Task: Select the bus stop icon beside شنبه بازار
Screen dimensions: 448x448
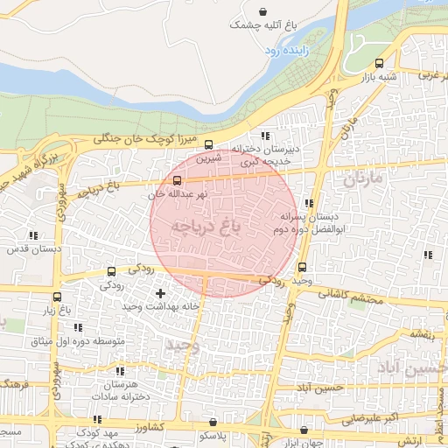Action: point(379,63)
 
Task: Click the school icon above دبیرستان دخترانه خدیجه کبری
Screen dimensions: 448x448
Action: point(264,136)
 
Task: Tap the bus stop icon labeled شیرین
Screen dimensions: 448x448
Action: point(208,145)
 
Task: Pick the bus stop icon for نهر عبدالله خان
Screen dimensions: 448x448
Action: point(178,180)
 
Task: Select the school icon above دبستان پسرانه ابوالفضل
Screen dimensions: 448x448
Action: point(308,203)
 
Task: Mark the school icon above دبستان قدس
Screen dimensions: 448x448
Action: point(34,235)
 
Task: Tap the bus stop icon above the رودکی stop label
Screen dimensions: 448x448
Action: point(110,272)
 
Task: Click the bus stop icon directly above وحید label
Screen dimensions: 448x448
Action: point(303,268)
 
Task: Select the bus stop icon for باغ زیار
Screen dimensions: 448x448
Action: point(57,297)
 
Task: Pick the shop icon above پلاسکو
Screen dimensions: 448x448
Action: point(207,423)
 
